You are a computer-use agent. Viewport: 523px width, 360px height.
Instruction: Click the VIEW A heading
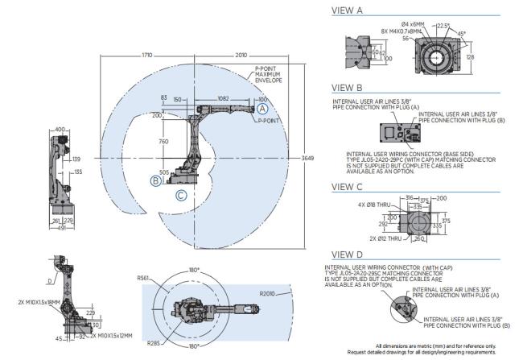tap(348, 11)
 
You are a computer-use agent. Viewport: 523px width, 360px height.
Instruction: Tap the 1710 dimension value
tap(146, 56)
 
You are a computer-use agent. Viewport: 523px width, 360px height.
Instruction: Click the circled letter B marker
tap(155, 181)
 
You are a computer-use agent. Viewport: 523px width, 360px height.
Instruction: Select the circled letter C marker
tap(181, 195)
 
